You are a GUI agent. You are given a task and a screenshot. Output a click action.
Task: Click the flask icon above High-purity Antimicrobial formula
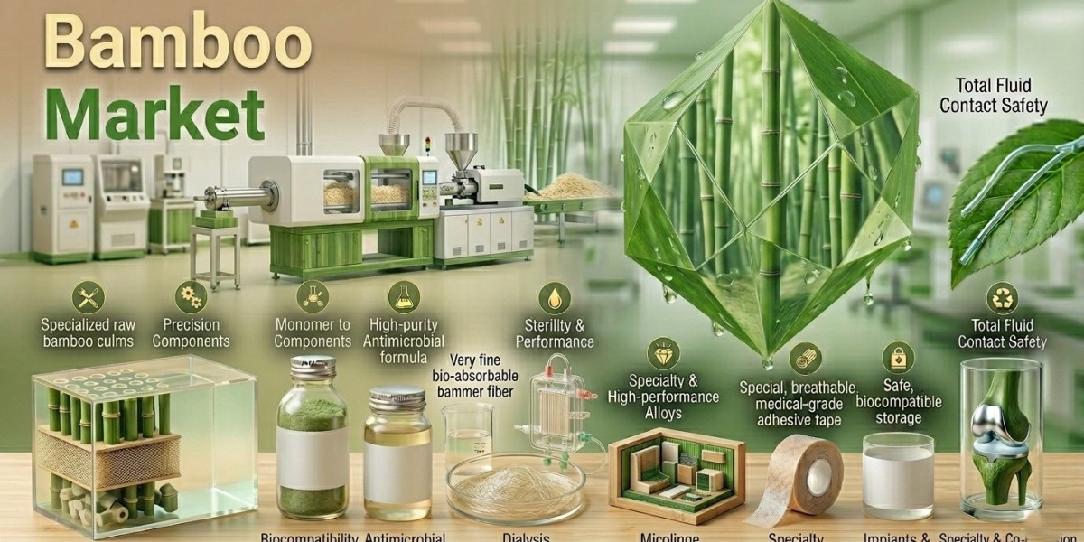point(402,295)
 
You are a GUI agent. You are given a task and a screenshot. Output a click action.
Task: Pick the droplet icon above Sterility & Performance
point(554,298)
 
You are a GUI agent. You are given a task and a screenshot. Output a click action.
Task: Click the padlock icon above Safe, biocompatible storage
point(898,358)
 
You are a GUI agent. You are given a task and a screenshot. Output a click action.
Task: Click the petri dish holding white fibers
point(511,483)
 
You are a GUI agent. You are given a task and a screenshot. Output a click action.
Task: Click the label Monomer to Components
point(312,333)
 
